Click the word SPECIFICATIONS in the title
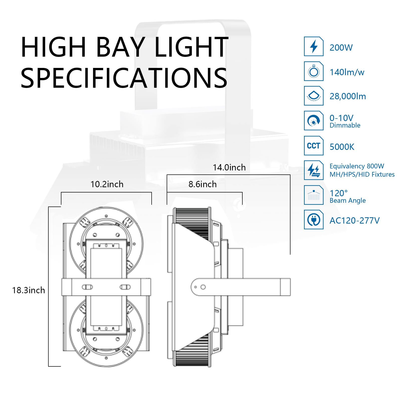(124, 78)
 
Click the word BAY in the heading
(120, 47)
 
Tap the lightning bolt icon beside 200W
(314, 47)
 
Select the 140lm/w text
(347, 72)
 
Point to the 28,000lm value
(348, 96)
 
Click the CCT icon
(314, 146)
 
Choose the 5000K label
(342, 147)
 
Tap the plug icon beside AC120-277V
(314, 220)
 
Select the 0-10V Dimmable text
(345, 121)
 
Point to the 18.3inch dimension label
(29, 290)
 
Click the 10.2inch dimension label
(107, 184)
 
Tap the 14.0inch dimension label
(229, 167)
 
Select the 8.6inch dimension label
(202, 184)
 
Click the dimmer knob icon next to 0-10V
(314, 121)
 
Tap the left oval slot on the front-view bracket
(87, 287)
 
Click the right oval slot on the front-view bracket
(125, 287)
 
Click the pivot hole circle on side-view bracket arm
(203, 287)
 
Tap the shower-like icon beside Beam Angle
(314, 195)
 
